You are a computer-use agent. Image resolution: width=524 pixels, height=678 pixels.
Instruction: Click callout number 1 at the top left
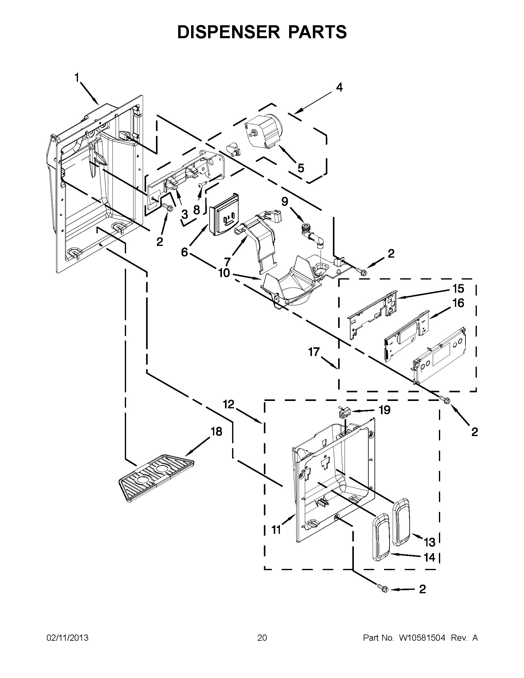77,78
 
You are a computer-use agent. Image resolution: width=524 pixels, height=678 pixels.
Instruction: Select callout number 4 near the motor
340,88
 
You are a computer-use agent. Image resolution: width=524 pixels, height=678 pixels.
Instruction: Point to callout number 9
285,202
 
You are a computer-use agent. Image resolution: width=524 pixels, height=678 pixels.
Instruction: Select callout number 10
224,273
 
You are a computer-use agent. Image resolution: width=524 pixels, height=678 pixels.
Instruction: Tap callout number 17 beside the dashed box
314,352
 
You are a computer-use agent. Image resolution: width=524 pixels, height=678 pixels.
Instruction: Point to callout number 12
229,405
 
